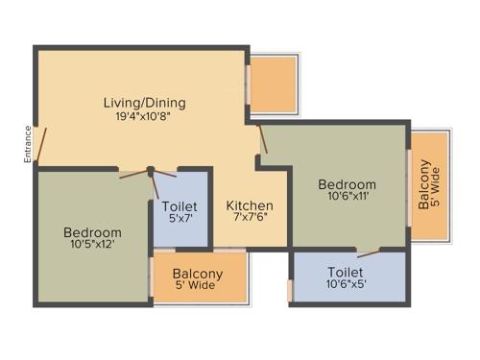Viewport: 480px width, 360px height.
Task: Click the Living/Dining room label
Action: pos(145,103)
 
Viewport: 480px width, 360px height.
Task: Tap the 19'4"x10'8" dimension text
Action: pos(145,118)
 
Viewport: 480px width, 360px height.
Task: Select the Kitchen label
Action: pos(250,205)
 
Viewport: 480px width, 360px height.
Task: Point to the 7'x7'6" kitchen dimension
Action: pos(250,220)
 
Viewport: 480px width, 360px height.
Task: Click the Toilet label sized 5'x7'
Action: pos(180,205)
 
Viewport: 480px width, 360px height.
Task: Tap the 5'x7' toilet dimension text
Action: pos(180,220)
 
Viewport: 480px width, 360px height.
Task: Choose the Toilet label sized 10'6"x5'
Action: pos(345,272)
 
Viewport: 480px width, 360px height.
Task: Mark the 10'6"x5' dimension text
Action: pos(345,286)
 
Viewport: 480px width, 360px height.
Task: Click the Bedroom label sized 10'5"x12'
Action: pos(92,232)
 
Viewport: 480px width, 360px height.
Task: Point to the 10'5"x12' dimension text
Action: pos(92,247)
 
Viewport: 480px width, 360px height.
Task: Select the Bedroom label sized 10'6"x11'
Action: pos(348,183)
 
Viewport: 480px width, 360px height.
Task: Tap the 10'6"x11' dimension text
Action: pos(348,198)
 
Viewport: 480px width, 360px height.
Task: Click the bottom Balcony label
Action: pos(199,274)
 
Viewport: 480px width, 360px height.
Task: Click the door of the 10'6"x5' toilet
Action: pos(368,252)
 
